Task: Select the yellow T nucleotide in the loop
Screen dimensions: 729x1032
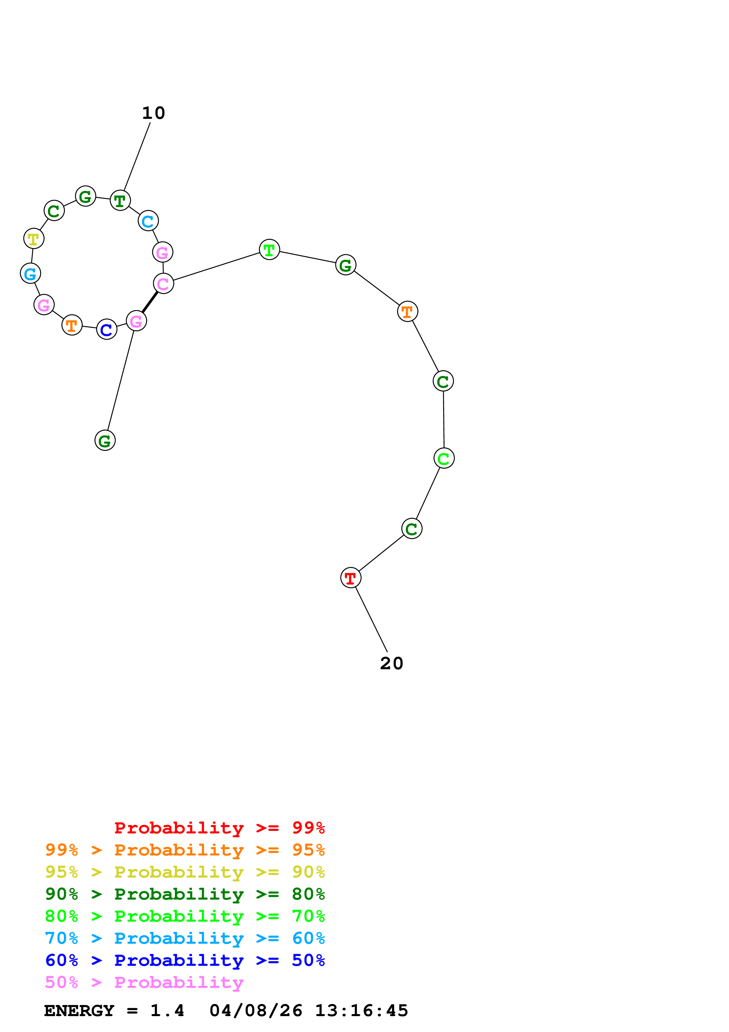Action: tap(34, 238)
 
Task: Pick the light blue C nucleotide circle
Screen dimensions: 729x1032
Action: tap(148, 221)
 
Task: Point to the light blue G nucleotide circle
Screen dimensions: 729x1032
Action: tap(31, 273)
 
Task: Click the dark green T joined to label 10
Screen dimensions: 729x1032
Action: tap(120, 200)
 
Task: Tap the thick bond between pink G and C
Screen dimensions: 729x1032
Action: tap(150, 302)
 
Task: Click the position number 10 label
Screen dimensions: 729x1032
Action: tap(154, 113)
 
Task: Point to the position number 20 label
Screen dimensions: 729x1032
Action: tap(392, 663)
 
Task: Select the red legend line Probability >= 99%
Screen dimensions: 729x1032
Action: tap(220, 828)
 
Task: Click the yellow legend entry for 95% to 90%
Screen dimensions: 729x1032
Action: tap(185, 872)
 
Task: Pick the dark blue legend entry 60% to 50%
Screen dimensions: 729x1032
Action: tap(185, 960)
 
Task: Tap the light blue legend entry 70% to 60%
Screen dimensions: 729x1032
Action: tap(185, 938)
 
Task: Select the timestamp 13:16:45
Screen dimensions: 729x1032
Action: tap(362, 1011)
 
